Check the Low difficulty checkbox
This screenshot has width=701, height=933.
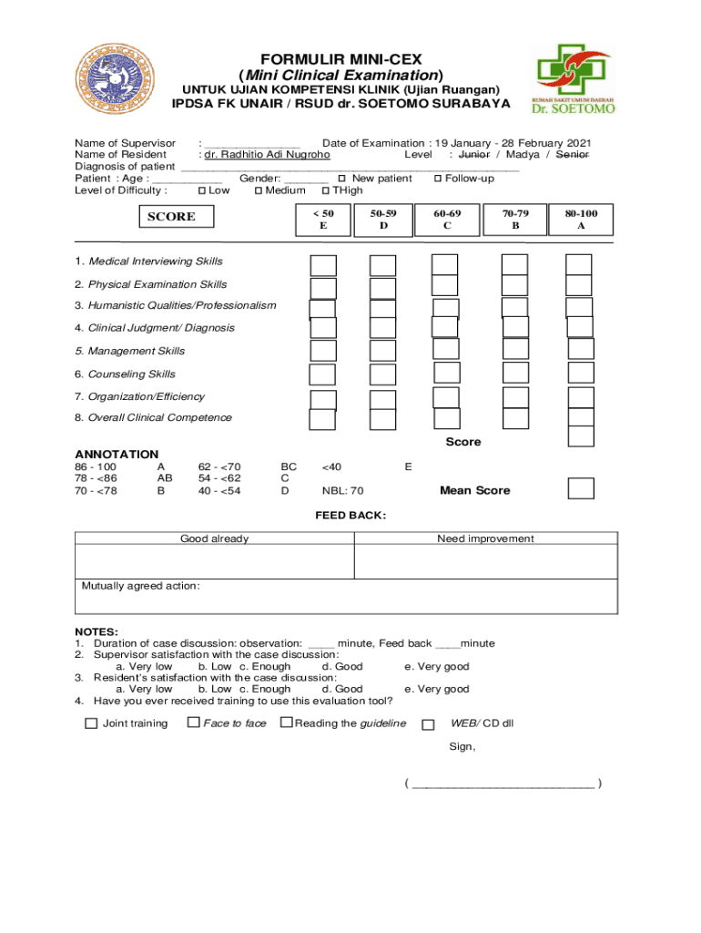point(202,190)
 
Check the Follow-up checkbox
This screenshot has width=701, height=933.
point(439,179)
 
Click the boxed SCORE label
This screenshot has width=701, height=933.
point(171,217)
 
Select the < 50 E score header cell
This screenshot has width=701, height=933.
point(322,219)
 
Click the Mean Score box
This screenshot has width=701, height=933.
point(581,488)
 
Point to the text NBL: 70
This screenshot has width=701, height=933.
point(342,491)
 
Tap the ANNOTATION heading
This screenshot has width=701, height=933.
point(117,454)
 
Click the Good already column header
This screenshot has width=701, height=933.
point(214,538)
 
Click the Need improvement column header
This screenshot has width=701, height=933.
point(485,538)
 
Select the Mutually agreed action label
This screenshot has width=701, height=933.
point(141,586)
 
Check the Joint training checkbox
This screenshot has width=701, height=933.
point(91,723)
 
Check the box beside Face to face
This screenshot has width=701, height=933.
point(194,723)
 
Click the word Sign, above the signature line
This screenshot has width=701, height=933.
point(462,747)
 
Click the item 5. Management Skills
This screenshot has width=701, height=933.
point(130,351)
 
